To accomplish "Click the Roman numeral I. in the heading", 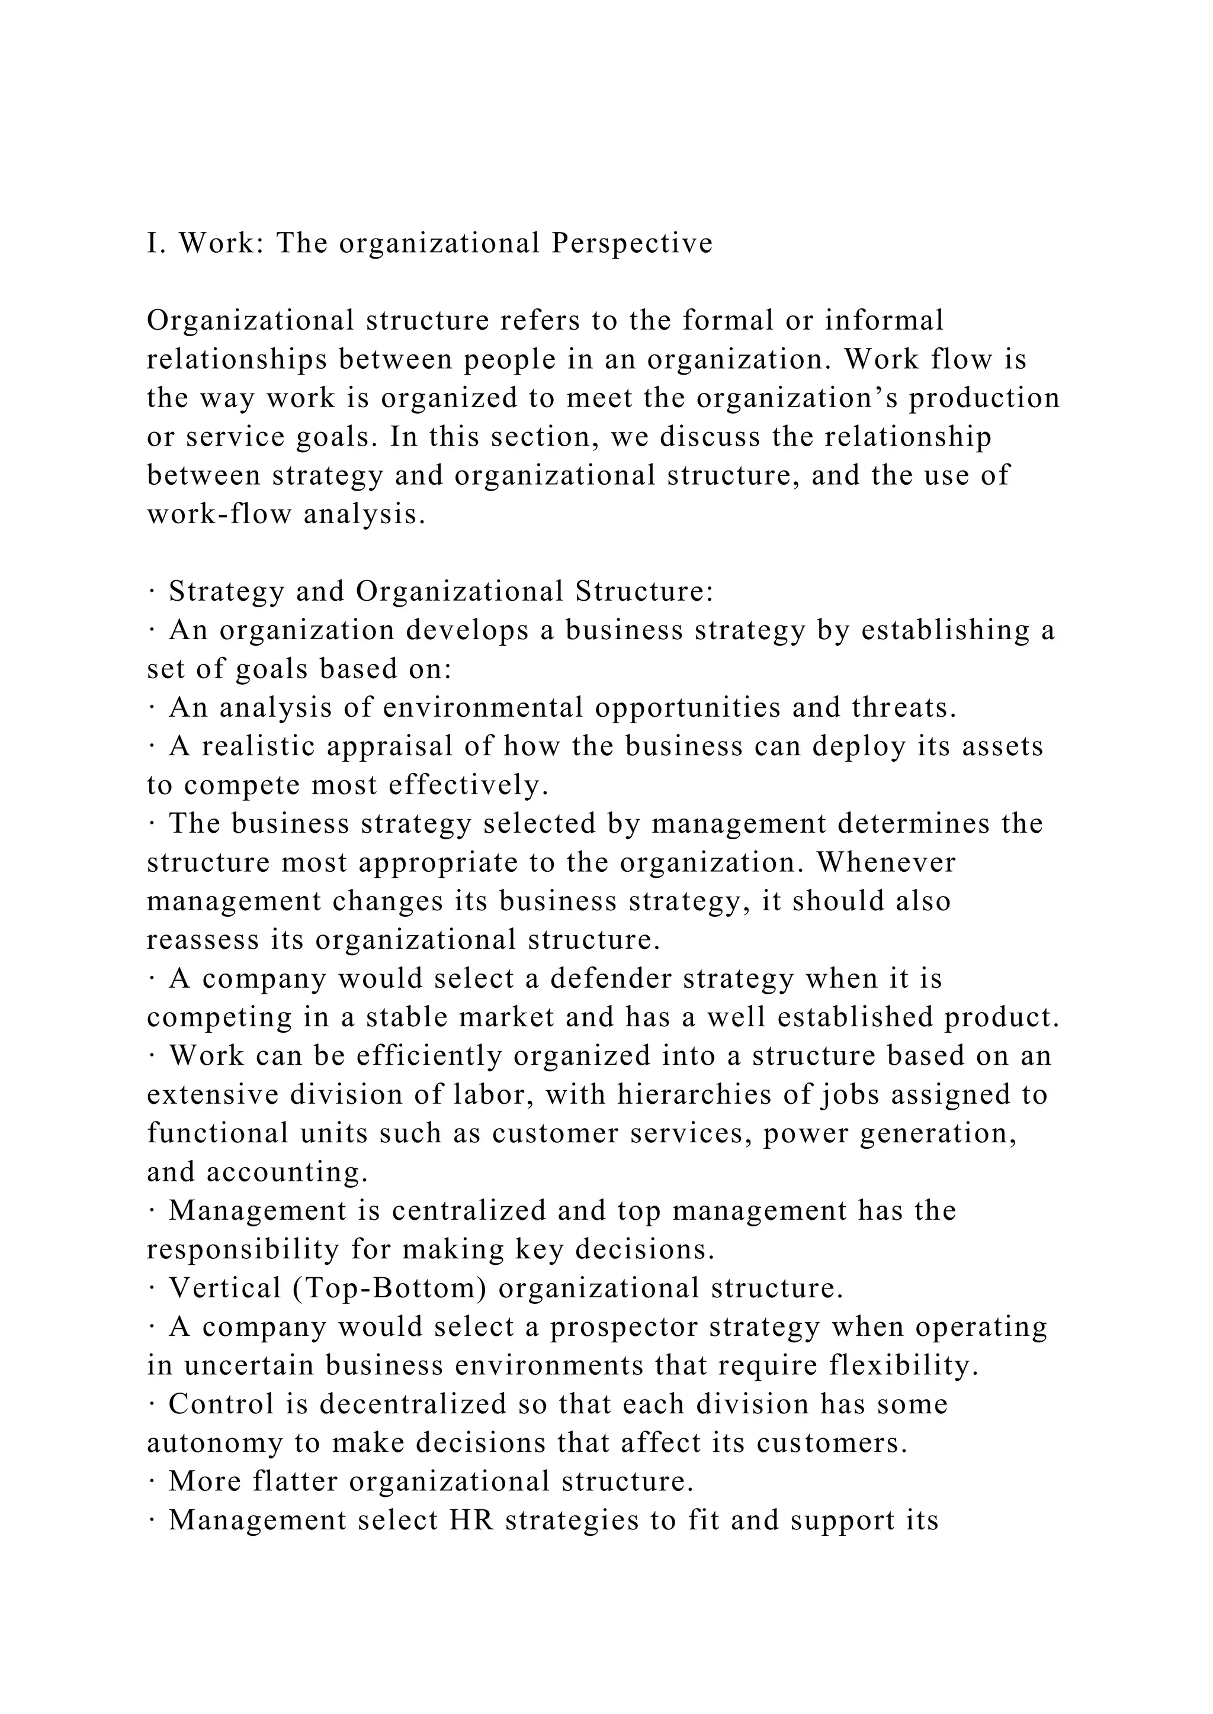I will point(155,243).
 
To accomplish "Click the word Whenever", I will point(886,863).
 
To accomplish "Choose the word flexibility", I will point(903,1366).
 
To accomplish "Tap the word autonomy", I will point(214,1444).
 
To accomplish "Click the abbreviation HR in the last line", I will point(471,1520).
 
